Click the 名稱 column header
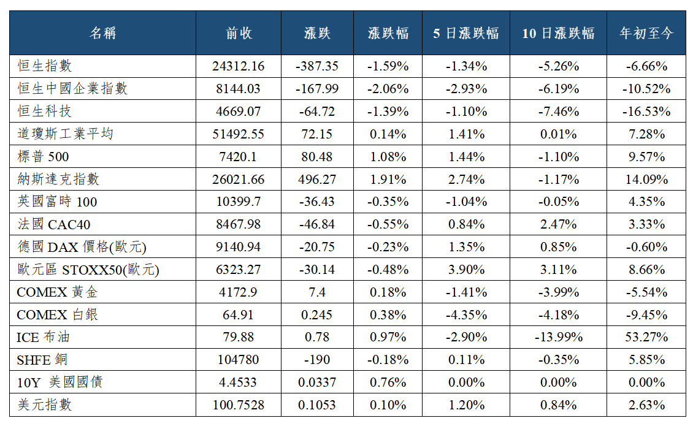click(x=102, y=33)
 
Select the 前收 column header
click(x=239, y=33)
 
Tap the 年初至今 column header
click(x=646, y=33)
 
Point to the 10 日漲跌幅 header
click(x=558, y=33)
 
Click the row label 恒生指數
click(x=45, y=66)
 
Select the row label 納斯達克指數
click(x=58, y=179)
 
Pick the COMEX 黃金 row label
click(x=57, y=292)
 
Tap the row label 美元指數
click(x=45, y=404)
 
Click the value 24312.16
click(x=238, y=66)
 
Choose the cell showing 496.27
click(x=317, y=180)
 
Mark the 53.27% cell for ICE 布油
click(x=646, y=337)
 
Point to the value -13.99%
click(x=558, y=337)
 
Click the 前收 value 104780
click(x=238, y=360)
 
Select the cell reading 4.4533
click(x=238, y=382)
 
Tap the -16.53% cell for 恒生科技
click(x=646, y=112)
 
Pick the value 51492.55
click(x=238, y=134)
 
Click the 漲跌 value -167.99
click(x=317, y=89)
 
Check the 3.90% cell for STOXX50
click(x=466, y=270)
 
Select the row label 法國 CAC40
click(x=54, y=224)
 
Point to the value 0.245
click(x=317, y=314)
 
